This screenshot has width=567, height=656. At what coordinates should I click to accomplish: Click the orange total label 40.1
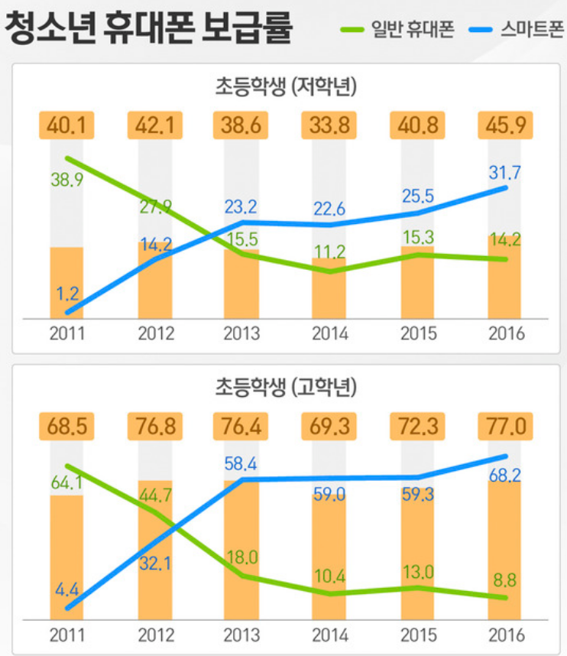click(x=67, y=124)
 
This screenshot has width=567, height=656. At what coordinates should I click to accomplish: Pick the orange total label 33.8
click(x=329, y=124)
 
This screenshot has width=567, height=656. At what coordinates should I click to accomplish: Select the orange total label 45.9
click(x=504, y=124)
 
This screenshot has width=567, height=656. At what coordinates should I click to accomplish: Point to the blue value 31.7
click(x=505, y=174)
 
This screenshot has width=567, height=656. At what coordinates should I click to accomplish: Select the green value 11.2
click(x=330, y=253)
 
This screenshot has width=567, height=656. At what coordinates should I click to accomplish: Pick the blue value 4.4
click(x=67, y=589)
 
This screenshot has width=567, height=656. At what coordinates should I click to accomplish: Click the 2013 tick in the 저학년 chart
click(x=241, y=334)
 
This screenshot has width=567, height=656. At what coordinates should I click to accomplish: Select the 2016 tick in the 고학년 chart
click(x=505, y=635)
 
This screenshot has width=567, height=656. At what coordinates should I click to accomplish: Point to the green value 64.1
click(x=66, y=484)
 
